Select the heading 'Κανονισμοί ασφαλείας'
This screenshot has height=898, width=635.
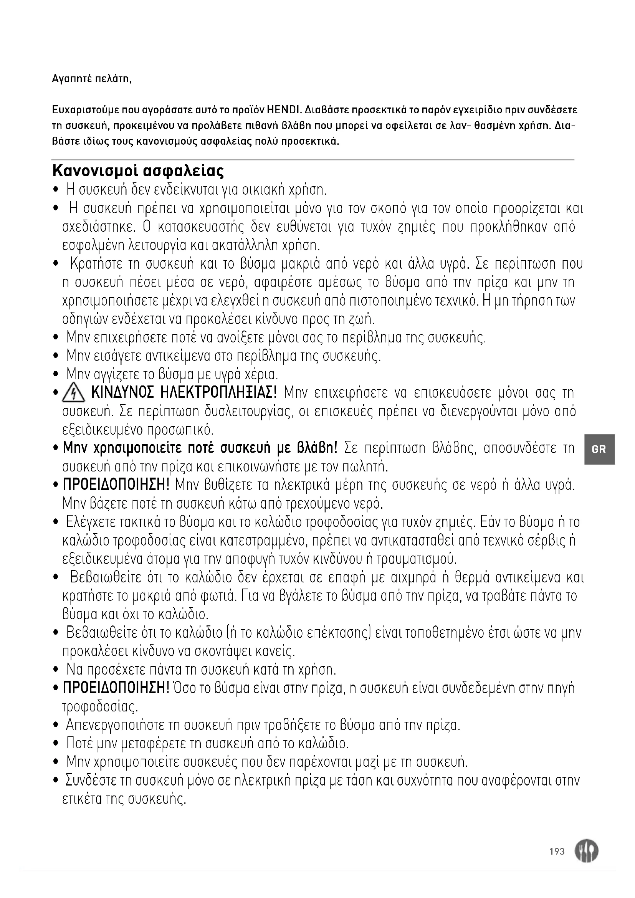[138, 171]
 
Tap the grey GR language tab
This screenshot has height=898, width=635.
[599, 449]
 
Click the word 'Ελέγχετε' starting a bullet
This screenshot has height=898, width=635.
[88, 522]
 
